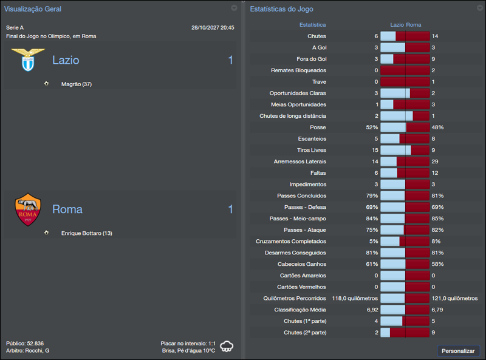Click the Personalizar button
click(x=458, y=351)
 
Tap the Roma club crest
click(x=28, y=209)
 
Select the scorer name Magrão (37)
click(x=77, y=84)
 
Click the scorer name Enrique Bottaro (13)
click(x=87, y=233)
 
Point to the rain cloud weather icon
click(x=227, y=347)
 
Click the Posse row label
click(x=318, y=127)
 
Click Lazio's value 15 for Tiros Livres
click(x=374, y=151)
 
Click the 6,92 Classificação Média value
click(x=372, y=310)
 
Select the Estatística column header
click(x=312, y=25)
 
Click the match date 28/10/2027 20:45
click(x=213, y=28)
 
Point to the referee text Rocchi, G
click(x=38, y=351)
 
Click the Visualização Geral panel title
click(x=33, y=9)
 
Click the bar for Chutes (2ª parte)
click(x=405, y=333)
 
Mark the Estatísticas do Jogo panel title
click(x=282, y=9)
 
